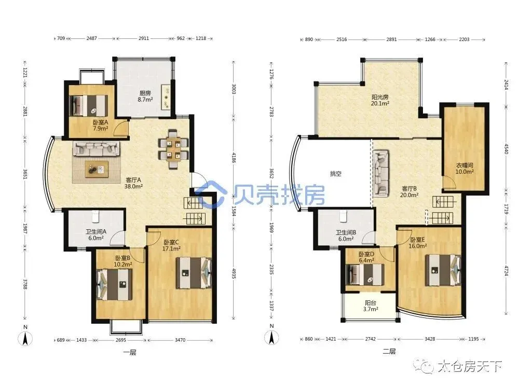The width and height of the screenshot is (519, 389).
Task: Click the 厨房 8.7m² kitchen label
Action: click(x=145, y=96)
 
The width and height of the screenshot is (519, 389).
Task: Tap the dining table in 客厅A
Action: click(x=173, y=149)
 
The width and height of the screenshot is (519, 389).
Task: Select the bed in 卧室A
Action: click(x=89, y=105)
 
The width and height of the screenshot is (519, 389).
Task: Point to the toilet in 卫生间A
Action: click(x=96, y=216)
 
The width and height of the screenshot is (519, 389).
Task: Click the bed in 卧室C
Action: click(x=194, y=273)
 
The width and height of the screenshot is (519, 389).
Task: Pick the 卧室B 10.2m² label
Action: click(x=124, y=261)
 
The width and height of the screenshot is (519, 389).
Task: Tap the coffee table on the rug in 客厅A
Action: click(x=97, y=169)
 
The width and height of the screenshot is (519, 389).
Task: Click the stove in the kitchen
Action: click(x=166, y=97)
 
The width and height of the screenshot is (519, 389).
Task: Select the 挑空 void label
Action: click(x=336, y=174)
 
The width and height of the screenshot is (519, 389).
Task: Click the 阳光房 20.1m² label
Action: click(x=380, y=100)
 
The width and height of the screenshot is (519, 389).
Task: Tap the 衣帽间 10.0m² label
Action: click(x=465, y=169)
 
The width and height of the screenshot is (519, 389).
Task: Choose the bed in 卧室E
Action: click(x=443, y=270)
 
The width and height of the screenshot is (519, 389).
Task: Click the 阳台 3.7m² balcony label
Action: click(x=371, y=306)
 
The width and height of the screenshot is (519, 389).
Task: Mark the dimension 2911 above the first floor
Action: click(x=144, y=38)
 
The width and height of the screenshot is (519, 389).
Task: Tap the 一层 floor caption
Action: click(x=129, y=353)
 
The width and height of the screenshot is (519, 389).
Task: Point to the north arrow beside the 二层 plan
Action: click(x=271, y=338)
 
